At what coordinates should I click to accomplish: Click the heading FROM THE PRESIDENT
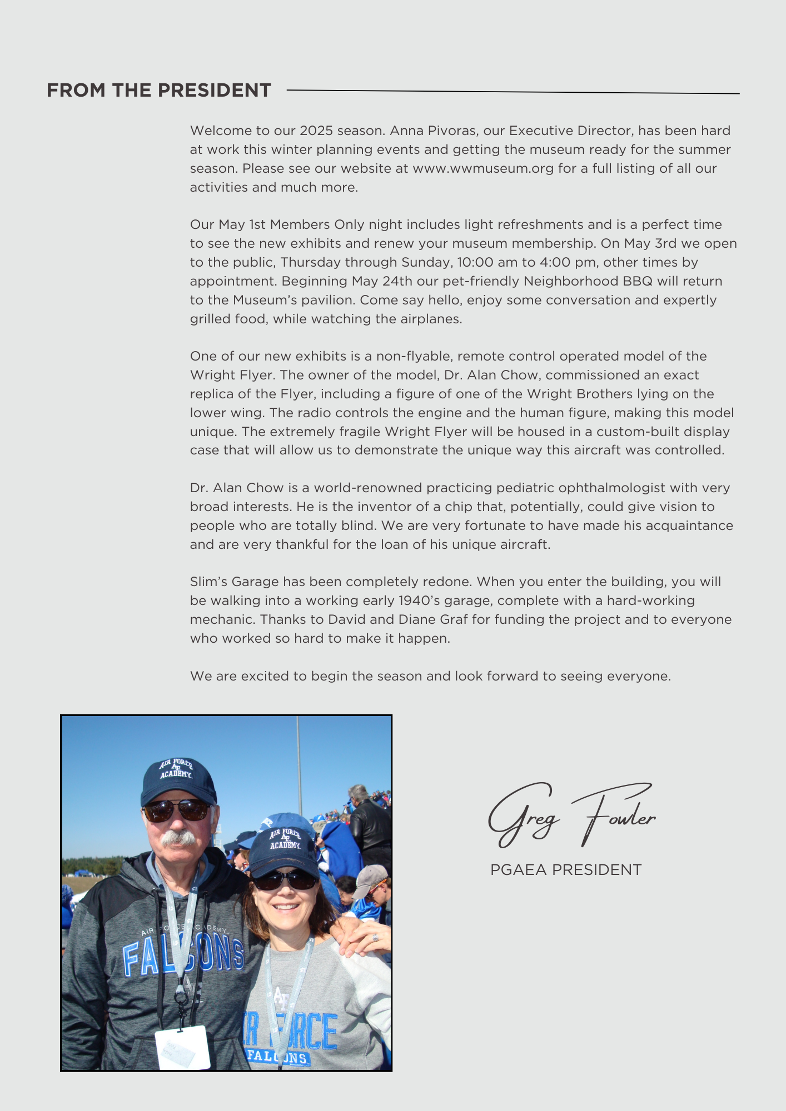159,90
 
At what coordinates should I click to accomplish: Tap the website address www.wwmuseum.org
483,168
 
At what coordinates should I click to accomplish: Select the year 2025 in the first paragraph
316,131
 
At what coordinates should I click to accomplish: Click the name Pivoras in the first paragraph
450,131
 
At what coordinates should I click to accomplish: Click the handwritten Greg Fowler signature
571,815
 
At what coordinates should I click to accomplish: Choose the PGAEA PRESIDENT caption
566,870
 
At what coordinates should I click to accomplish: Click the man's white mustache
178,837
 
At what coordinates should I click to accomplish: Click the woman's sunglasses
285,879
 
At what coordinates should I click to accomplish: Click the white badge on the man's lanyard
182,1047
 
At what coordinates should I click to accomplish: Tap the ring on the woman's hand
376,938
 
